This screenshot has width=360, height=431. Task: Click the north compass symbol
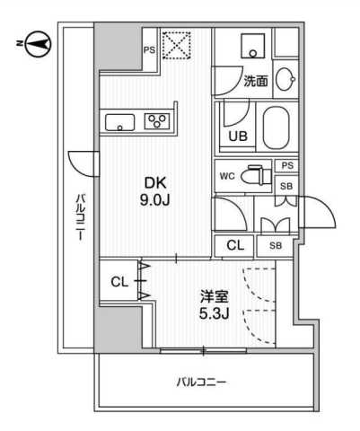click(x=33, y=40)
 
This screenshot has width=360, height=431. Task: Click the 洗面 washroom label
click(x=255, y=81)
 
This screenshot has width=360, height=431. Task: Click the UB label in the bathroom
click(x=237, y=136)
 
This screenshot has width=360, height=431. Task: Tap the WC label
click(x=226, y=174)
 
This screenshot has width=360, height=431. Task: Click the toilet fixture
click(x=257, y=174)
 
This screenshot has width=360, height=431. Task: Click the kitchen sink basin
click(x=119, y=121)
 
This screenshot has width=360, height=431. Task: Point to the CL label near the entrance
click(x=234, y=244)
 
